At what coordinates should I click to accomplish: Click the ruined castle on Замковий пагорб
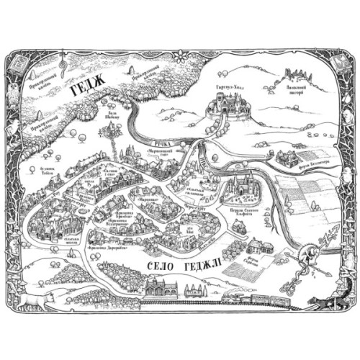[x=294, y=73]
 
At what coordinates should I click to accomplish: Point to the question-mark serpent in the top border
[x=63, y=63]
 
